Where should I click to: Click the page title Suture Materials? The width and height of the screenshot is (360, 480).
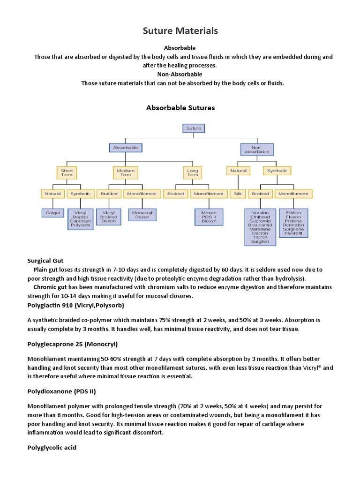coord(180,31)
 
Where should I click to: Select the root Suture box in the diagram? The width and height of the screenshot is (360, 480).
coord(193,128)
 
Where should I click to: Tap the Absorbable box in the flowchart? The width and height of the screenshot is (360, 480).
coord(125,148)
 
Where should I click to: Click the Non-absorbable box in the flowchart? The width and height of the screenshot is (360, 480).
coord(256,149)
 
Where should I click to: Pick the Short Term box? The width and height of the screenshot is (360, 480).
coord(67,172)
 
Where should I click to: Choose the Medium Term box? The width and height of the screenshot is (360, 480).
coord(125,172)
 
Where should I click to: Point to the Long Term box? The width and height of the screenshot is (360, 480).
coord(193,172)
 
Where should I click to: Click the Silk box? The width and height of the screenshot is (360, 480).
coord(236,193)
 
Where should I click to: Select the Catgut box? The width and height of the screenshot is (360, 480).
coord(53,212)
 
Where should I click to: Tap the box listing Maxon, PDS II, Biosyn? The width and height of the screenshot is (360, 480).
coord(209,217)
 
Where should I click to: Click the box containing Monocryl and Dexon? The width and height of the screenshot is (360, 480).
coord(142,215)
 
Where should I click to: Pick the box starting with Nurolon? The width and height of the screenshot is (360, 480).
coord(260,227)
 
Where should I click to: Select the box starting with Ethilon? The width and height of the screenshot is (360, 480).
coord(293,222)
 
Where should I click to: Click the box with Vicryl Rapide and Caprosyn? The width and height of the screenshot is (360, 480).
coord(80,219)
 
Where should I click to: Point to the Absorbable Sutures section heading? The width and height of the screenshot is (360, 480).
coord(180,108)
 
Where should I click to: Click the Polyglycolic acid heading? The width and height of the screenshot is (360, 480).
coord(52,448)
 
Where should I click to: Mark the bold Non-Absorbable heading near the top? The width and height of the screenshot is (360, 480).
coord(180,74)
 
